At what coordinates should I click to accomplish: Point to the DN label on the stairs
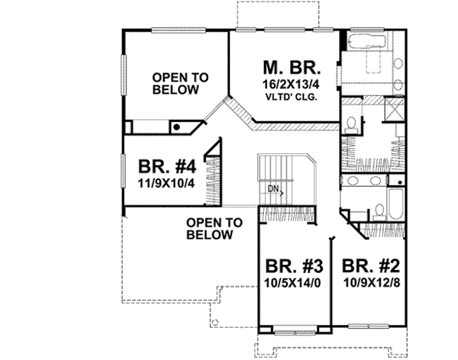tap(273, 187)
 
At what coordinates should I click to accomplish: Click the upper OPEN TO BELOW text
tap(176, 83)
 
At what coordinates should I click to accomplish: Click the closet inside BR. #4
tap(214, 172)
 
